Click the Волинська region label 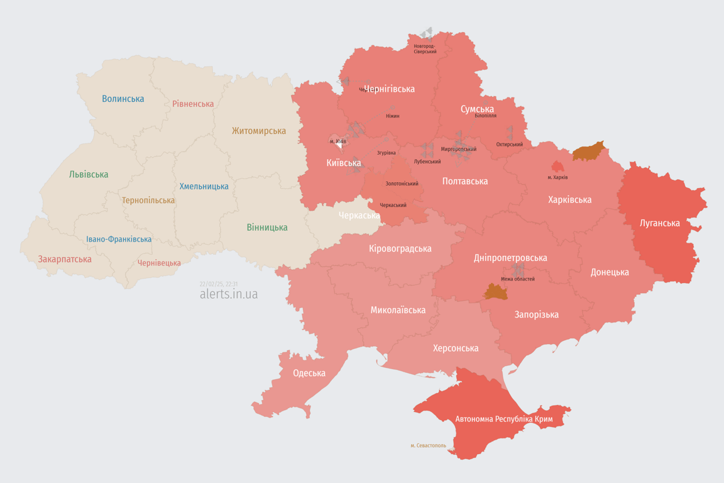pyautogui.click(x=123, y=99)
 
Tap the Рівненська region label pyautogui.click(x=193, y=104)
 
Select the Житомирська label pyautogui.click(x=258, y=131)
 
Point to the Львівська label pyautogui.click(x=89, y=174)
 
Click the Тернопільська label pyautogui.click(x=148, y=200)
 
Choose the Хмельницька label pyautogui.click(x=204, y=186)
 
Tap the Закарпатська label pyautogui.click(x=65, y=259)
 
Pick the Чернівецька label pyautogui.click(x=159, y=263)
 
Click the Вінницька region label pyautogui.click(x=267, y=227)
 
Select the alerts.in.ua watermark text pyautogui.click(x=228, y=294)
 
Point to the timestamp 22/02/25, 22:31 pyautogui.click(x=218, y=284)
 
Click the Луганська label pyautogui.click(x=659, y=223)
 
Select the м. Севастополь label pyautogui.click(x=428, y=445)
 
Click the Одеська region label pyautogui.click(x=309, y=373)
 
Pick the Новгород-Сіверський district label pyautogui.click(x=425, y=48)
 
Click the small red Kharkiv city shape pyautogui.click(x=557, y=167)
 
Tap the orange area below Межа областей pyautogui.click(x=496, y=291)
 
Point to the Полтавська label pyautogui.click(x=464, y=181)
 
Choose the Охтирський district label pyautogui.click(x=509, y=144)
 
